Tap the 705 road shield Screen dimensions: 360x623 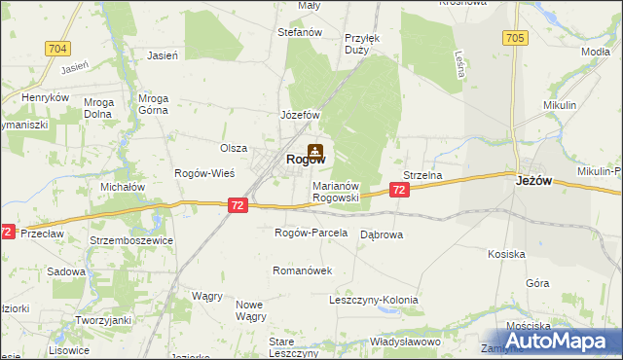point(516,38)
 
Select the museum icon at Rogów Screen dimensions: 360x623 point(314,152)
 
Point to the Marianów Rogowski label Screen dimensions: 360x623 point(336,191)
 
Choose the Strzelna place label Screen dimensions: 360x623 point(423,176)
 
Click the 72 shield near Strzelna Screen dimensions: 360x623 point(400,193)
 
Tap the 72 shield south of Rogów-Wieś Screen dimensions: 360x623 point(238,205)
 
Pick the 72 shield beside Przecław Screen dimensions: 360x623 point(7,233)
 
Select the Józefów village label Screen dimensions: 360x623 point(301,115)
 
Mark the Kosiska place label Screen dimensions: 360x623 point(506,254)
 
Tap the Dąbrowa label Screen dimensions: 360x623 point(382,234)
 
